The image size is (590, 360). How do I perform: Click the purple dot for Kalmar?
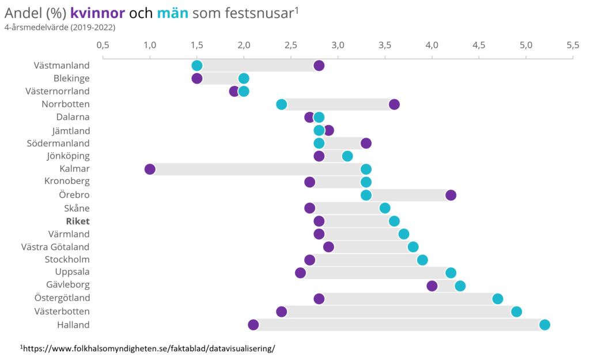pos(150,169)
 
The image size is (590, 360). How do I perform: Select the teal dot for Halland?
pos(544,325)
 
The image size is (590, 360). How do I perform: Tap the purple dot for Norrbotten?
pos(394,104)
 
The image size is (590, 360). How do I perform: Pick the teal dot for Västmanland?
pos(197,66)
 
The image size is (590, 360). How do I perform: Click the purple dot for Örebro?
pos(451,195)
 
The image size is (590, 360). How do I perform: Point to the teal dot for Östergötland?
pos(498,299)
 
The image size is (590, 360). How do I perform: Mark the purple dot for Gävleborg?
pos(432,286)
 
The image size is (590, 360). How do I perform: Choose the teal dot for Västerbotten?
pos(516,312)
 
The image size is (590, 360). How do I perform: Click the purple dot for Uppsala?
pos(300,273)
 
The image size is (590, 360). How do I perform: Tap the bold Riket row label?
pos(78,221)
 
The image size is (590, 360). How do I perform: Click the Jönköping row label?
pos(68,156)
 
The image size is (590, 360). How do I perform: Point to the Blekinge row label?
pos(71,78)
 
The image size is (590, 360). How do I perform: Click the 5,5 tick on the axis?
pos(572,45)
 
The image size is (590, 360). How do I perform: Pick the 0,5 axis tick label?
pos(103,45)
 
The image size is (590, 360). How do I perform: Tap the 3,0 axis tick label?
pos(338,45)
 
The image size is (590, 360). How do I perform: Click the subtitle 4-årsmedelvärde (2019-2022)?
pos(60,28)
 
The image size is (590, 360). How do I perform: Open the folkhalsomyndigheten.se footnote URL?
pos(147,348)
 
